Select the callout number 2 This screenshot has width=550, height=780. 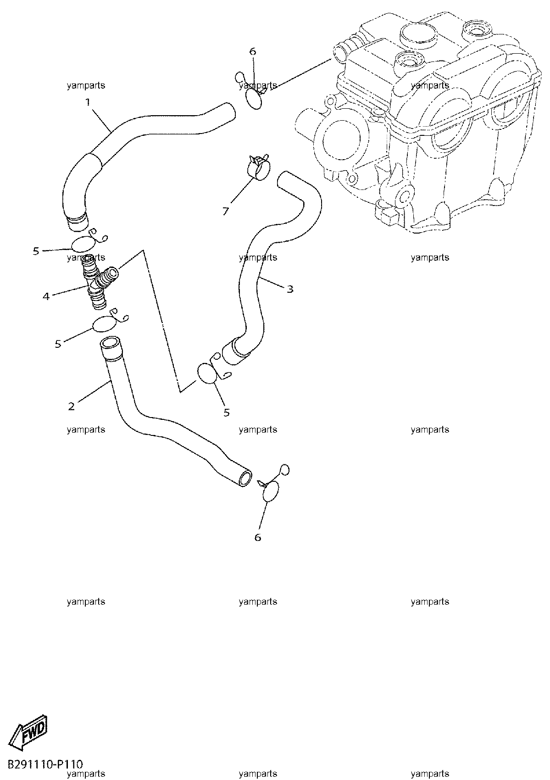[x=72, y=407]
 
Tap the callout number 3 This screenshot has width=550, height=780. [x=290, y=289]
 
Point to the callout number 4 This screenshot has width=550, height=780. [x=46, y=296]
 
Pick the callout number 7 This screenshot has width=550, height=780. [x=226, y=211]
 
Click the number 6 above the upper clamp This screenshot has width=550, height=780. [x=253, y=51]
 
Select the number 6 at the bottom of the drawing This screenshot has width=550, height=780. [x=258, y=537]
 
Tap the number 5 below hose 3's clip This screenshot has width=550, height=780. [x=227, y=412]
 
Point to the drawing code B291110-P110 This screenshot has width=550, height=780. [x=45, y=764]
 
